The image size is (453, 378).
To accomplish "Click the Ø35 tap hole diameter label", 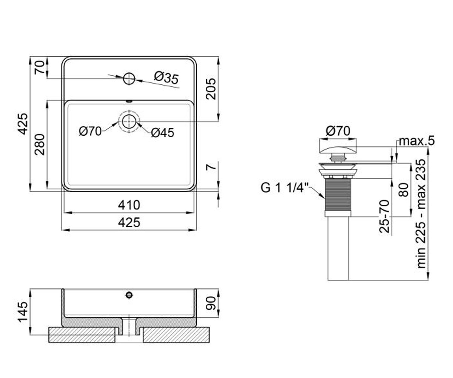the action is [x=166, y=78].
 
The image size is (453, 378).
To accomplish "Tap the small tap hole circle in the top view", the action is [x=129, y=78].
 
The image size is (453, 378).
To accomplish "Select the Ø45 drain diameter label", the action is [x=162, y=133].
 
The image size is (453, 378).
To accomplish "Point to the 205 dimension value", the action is [x=211, y=89].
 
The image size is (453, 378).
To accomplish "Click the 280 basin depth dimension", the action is [x=40, y=144].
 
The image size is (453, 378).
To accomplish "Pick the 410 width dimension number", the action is [x=129, y=205].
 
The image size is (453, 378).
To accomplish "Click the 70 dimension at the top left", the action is [x=40, y=67].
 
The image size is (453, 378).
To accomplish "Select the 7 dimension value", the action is [x=211, y=167].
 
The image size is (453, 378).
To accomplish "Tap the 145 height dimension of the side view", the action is [x=23, y=312].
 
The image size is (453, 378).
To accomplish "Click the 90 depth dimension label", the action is [x=211, y=303].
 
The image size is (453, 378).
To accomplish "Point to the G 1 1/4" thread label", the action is [x=285, y=188].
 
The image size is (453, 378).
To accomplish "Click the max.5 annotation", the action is [x=417, y=141].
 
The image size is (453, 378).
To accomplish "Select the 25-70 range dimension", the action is [x=385, y=216].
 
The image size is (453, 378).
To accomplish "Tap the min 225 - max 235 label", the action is [x=421, y=214].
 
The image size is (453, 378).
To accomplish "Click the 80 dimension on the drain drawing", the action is [x=404, y=190].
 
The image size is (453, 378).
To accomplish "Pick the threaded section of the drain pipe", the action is [x=338, y=194].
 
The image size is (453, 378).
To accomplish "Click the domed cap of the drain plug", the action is [x=338, y=150].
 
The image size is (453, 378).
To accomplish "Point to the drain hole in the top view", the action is [x=129, y=121].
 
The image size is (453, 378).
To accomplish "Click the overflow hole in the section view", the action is [x=129, y=295].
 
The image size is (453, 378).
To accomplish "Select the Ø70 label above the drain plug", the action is [x=338, y=131].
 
